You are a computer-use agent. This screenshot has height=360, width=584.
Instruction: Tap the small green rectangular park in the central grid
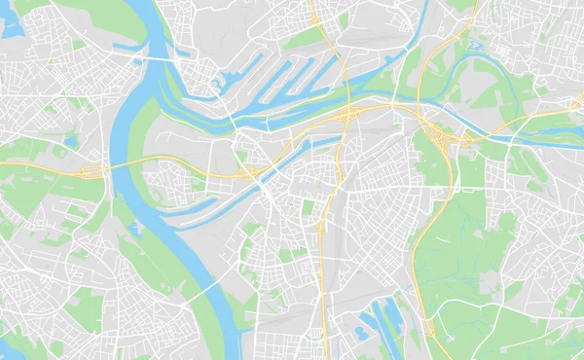coord(308,207)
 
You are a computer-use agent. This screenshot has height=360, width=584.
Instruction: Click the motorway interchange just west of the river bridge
coord(90,171)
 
